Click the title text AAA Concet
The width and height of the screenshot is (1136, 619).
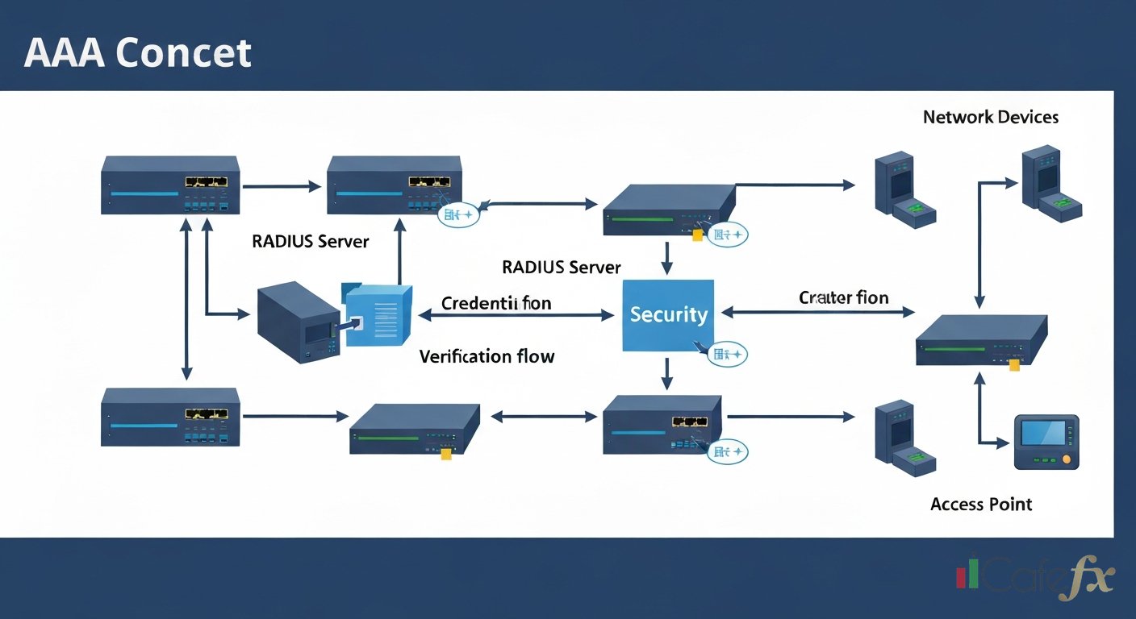[138, 53]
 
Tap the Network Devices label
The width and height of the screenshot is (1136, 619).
[990, 118]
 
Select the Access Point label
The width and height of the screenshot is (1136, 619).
[980, 505]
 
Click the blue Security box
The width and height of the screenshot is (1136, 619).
[668, 315]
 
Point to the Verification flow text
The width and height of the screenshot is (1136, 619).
[487, 356]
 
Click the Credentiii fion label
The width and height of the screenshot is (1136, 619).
[496, 303]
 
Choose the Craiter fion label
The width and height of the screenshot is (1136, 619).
[843, 298]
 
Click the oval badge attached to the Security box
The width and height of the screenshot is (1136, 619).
[727, 354]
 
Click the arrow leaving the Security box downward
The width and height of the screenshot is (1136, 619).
[666, 373]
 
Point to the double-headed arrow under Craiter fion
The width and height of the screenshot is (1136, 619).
[817, 312]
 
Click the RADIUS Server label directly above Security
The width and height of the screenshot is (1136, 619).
[561, 267]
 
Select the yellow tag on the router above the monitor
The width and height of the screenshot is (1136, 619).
[1014, 365]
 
